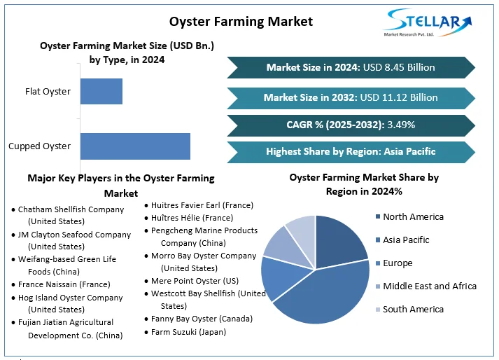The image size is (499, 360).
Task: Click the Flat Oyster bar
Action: coord(101,92)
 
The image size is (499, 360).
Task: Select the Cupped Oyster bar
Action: coord(135,146)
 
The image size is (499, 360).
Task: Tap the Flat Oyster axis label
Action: coord(48,92)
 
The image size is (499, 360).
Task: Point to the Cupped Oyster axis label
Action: coord(39,146)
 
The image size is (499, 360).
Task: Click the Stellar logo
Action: coord(427,22)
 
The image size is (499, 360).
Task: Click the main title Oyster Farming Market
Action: coord(241,22)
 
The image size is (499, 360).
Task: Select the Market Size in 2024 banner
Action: coord(351,67)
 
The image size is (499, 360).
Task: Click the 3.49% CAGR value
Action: coord(401,125)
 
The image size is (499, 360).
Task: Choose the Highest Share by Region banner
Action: coord(351,152)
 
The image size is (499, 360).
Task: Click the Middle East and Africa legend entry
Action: coord(426,286)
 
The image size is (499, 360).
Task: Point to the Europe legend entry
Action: coord(394,263)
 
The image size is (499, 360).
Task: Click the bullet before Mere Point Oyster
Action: coord(146,282)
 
